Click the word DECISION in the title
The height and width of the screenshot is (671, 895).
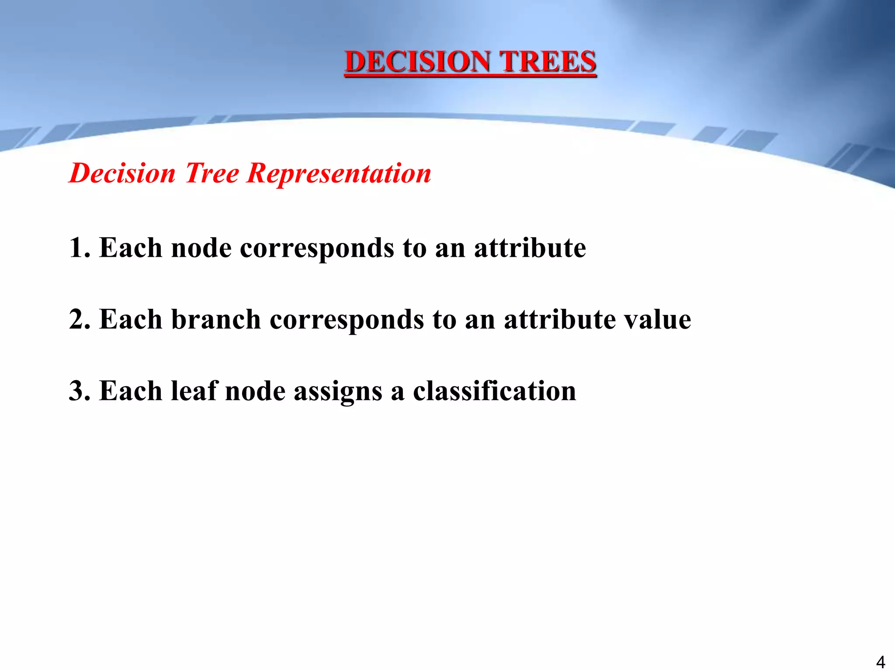(x=417, y=62)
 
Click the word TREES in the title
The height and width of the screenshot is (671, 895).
(x=548, y=62)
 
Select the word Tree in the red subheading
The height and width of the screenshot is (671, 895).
(x=212, y=173)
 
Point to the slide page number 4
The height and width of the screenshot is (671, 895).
(x=881, y=662)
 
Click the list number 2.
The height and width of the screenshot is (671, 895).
(x=79, y=319)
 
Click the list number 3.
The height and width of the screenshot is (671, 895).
(x=79, y=391)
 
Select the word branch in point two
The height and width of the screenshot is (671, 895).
(x=216, y=319)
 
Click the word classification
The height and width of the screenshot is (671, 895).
(x=494, y=391)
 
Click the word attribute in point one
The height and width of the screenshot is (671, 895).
(x=530, y=248)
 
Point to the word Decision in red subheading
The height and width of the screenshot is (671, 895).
(x=122, y=173)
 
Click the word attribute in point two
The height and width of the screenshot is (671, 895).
(x=560, y=319)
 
